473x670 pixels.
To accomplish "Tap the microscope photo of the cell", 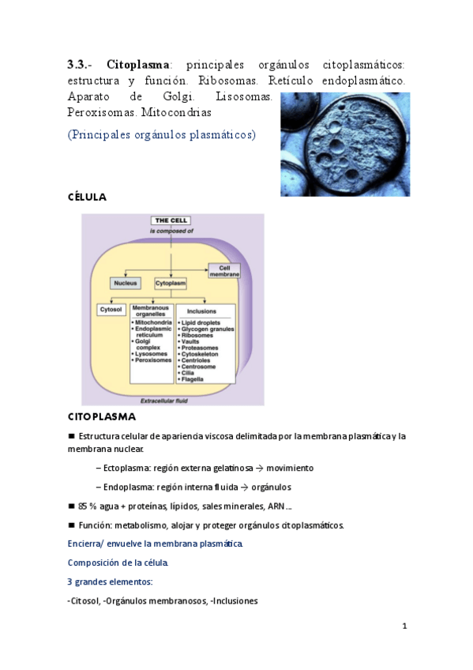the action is (x=345, y=144).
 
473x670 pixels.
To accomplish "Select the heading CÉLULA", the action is (x=87, y=197).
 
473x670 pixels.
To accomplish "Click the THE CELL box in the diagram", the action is (x=172, y=220).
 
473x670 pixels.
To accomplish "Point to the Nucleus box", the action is (x=126, y=282).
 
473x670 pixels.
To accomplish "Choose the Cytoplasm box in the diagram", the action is (x=170, y=282).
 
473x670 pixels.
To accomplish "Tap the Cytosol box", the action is (x=110, y=309).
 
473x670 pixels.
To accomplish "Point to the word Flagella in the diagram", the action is (x=194, y=379).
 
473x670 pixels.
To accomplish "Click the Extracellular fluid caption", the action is (x=164, y=400).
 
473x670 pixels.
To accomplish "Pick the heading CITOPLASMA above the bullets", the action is (x=102, y=416).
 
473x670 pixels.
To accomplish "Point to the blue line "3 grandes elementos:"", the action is (x=110, y=582).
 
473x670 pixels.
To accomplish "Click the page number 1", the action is (x=404, y=627).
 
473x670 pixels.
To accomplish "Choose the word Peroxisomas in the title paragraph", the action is (x=101, y=112).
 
